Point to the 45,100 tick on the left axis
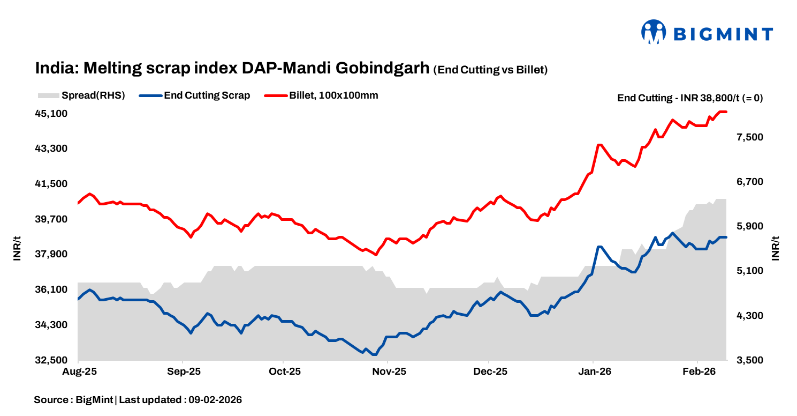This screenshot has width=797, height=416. (x=51, y=114)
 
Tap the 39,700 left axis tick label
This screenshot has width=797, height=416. (x=51, y=219)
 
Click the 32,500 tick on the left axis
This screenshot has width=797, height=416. (x=51, y=360)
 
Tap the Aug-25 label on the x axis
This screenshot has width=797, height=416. (x=79, y=372)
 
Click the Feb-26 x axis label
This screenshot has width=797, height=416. (x=697, y=372)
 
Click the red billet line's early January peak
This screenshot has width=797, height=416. (x=599, y=145)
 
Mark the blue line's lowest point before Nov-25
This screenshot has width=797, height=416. (x=374, y=354)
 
